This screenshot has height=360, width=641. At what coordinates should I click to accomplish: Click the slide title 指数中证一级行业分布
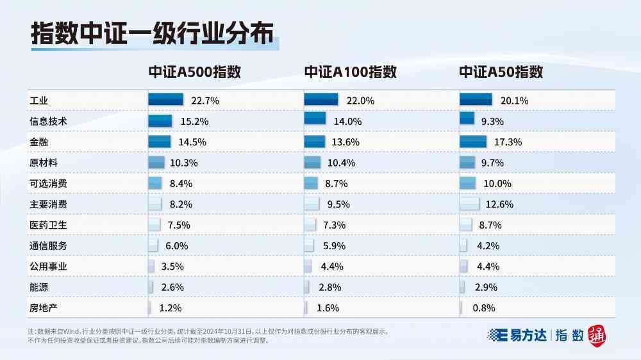[x=152, y=35]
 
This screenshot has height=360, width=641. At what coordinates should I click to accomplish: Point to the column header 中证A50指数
[x=501, y=72]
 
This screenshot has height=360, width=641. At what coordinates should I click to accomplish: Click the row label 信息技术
[x=48, y=121]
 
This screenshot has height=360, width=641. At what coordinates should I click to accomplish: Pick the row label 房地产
[x=44, y=308]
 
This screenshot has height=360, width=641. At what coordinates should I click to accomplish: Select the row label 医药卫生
[x=48, y=225]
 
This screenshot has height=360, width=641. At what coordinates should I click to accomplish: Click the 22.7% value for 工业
[x=205, y=101]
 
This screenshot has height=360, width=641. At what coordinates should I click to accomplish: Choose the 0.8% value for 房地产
[x=483, y=308]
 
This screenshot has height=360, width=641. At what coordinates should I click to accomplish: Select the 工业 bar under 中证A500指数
[x=167, y=99]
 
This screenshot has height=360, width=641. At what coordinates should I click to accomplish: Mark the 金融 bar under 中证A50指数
[x=474, y=141]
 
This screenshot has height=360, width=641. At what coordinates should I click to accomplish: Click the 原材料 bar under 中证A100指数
[x=312, y=162]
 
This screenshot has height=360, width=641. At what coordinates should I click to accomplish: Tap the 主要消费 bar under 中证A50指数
[x=469, y=204]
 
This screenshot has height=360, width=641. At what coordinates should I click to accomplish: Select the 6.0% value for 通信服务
[x=177, y=246]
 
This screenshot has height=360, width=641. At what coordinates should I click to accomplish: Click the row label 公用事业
[x=48, y=266]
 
